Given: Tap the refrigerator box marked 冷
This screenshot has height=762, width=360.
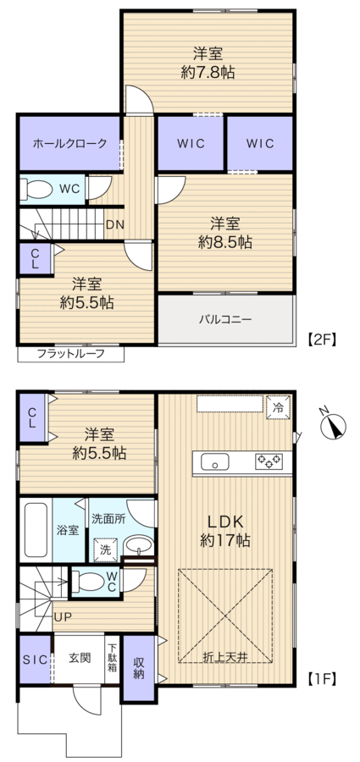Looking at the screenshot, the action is [279, 406].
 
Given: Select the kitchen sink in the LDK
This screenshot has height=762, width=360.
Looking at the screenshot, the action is [214, 462].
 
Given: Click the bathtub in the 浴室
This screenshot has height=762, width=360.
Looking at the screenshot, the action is [36, 530].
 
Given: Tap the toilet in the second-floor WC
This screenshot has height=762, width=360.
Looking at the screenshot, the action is [38, 190].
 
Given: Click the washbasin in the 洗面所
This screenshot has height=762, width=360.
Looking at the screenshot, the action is [139, 545].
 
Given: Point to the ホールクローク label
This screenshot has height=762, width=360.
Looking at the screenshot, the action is [69, 143].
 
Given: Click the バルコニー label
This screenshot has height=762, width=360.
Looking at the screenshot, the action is [224, 319].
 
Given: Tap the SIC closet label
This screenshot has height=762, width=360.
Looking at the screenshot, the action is [36, 660].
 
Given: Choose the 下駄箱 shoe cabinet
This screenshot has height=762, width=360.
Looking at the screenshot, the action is [112, 658].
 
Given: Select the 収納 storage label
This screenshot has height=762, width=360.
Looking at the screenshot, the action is [139, 668].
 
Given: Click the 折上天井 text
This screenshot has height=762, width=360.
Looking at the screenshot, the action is [225, 657].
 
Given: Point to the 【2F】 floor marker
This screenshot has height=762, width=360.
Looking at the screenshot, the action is [322, 339].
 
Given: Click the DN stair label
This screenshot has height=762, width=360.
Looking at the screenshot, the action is [116, 225].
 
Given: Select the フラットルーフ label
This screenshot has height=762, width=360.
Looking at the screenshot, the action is [71, 353].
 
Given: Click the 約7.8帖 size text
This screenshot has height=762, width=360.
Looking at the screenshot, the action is [208, 73].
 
